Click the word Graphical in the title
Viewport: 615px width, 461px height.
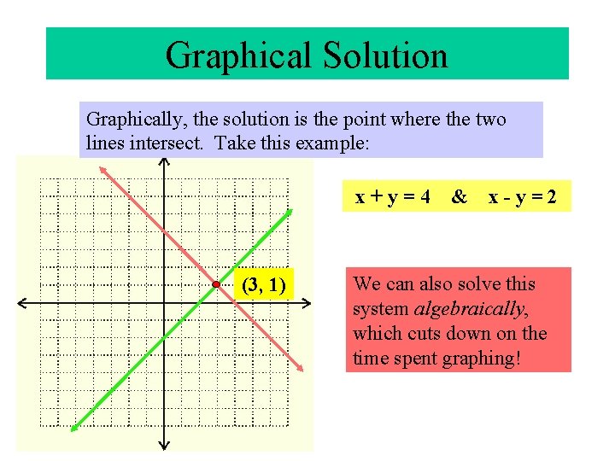238,55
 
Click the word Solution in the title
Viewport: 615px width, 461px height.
384,55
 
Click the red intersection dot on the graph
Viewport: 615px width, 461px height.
218,283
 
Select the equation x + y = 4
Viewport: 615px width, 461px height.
392,198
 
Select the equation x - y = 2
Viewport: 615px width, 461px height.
523,198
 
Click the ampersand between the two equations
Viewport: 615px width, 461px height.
460,198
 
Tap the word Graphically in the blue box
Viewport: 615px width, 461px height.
134,120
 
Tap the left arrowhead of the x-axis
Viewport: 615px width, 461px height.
20,303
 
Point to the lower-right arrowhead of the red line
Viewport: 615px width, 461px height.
302,366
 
